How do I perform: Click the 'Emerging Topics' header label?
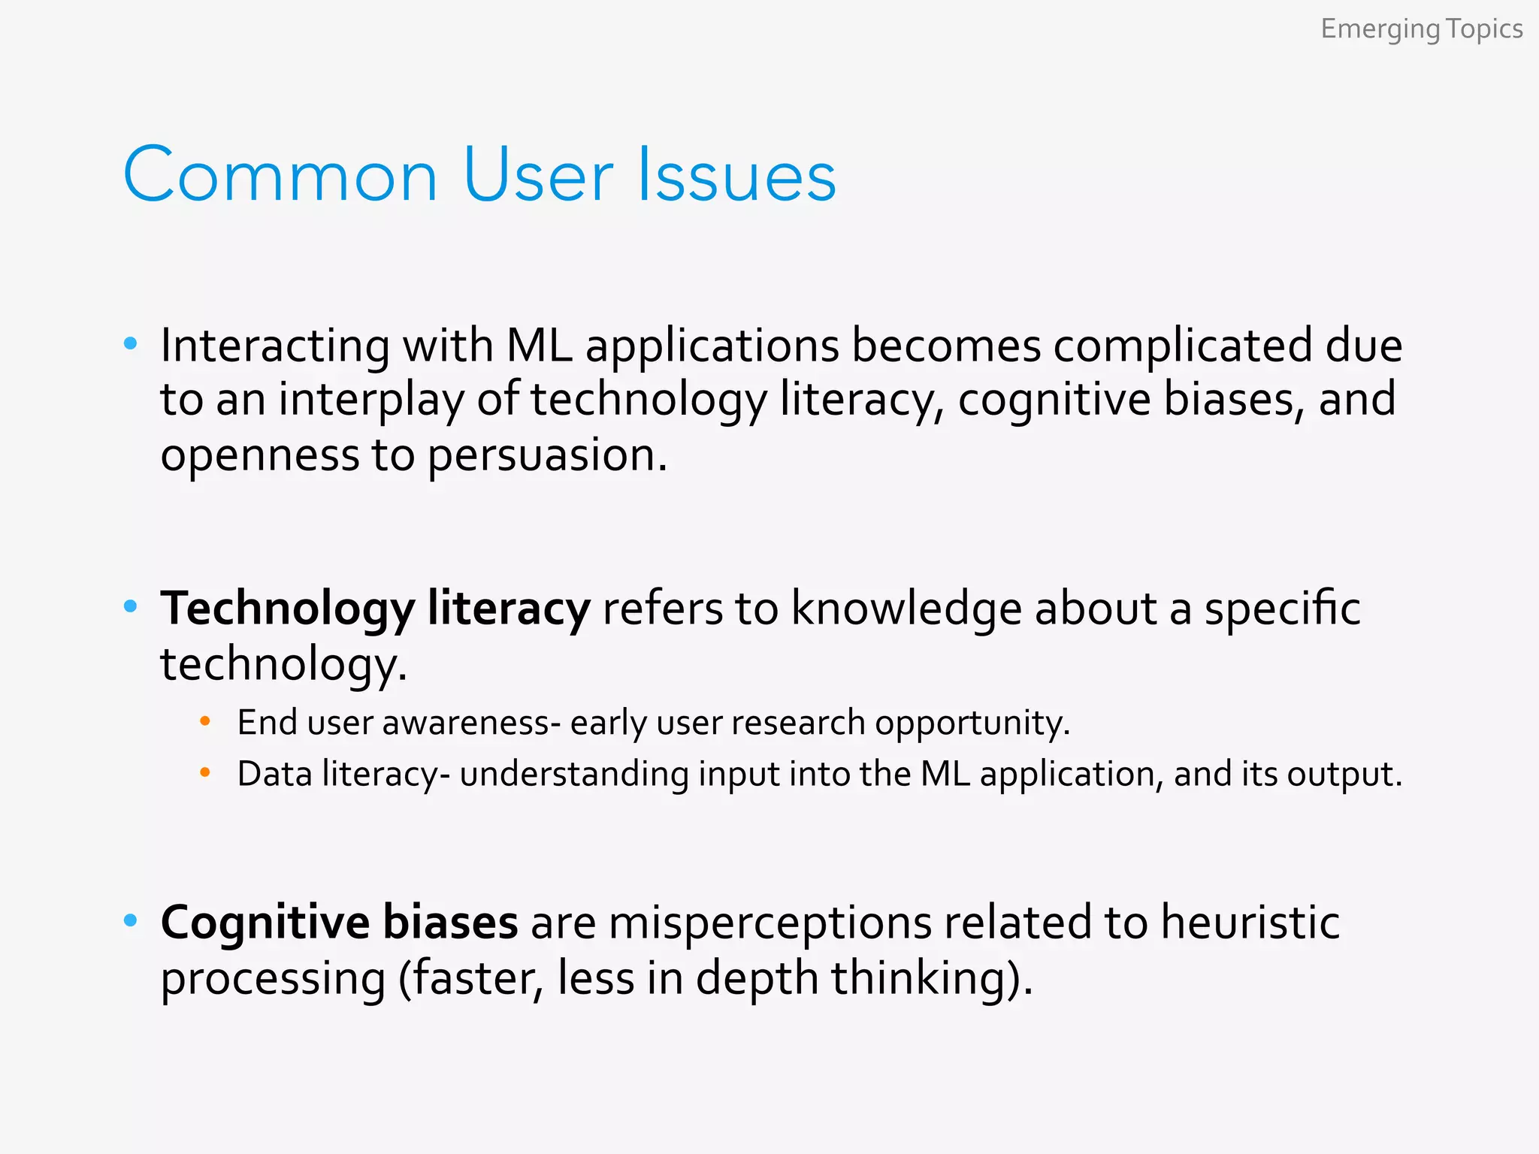point(1421,29)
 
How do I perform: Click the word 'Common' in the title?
point(280,176)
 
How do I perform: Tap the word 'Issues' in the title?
point(736,176)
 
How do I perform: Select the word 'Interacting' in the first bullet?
point(275,346)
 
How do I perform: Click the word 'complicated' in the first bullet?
point(1182,346)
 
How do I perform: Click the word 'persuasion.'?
point(547,455)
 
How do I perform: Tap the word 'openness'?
point(260,455)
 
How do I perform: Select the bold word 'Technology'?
point(287,609)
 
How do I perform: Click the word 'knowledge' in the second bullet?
point(906,609)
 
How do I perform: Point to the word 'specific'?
point(1282,609)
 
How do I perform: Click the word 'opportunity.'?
point(972,723)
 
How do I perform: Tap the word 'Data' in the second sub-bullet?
point(275,774)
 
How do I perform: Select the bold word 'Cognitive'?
point(265,923)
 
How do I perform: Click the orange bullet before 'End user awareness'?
point(205,722)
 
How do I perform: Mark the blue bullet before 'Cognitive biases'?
point(131,920)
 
